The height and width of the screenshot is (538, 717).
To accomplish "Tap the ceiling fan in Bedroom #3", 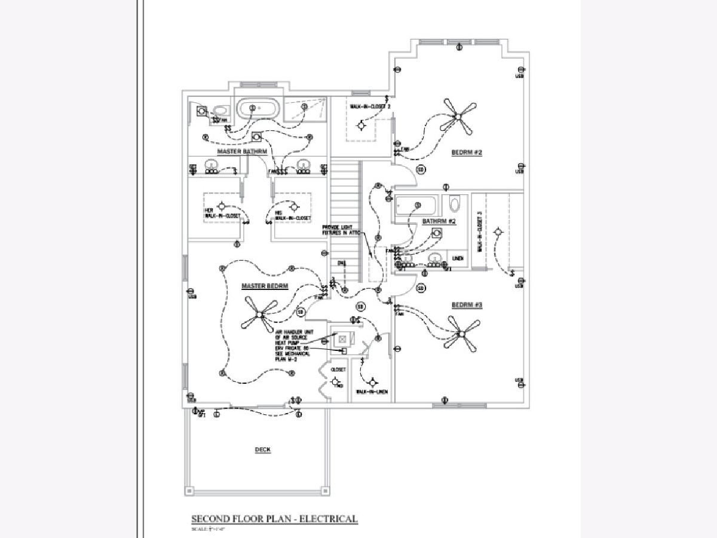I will click(461, 334).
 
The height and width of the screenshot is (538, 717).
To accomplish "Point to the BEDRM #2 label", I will click(467, 152).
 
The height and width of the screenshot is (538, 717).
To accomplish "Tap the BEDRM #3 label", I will click(467, 305).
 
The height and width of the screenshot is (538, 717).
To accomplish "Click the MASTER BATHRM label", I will click(242, 152).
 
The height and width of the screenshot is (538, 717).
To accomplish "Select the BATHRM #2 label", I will click(439, 221).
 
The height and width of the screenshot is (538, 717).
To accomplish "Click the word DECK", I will click(263, 450).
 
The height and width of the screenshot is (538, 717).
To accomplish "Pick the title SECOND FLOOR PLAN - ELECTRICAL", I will click(274, 518).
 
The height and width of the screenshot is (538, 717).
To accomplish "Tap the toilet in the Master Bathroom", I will click(221, 111).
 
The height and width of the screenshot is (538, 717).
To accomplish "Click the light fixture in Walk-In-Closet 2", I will click(361, 126).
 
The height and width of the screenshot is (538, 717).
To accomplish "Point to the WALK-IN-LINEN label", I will click(372, 392).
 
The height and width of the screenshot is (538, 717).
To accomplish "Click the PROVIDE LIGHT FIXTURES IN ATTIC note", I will click(342, 230).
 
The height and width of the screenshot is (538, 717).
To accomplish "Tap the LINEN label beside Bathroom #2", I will click(457, 258).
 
